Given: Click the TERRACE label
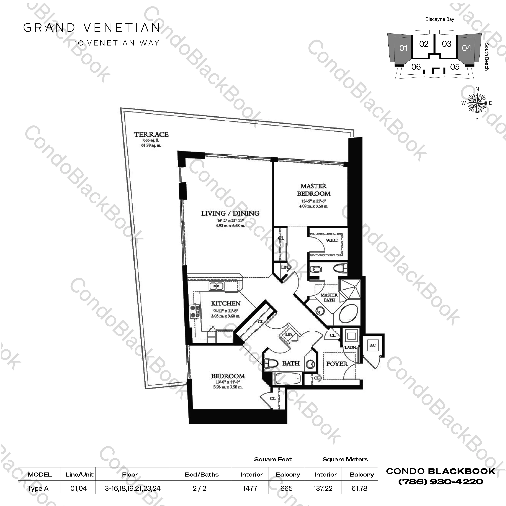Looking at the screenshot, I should coord(151,135).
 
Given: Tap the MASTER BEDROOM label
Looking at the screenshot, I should coord(314,190).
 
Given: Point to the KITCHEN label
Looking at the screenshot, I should coord(226,303).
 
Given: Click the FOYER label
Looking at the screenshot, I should coord(337,364).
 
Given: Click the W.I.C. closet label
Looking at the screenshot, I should coord(332,240).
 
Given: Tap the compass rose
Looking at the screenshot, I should coord(477,103).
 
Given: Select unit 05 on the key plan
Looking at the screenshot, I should coord(455,67).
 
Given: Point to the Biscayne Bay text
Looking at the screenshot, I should coord(440,19).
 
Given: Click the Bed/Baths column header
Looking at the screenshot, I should coord(202,475).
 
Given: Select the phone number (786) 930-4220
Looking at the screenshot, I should coord(441,482).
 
